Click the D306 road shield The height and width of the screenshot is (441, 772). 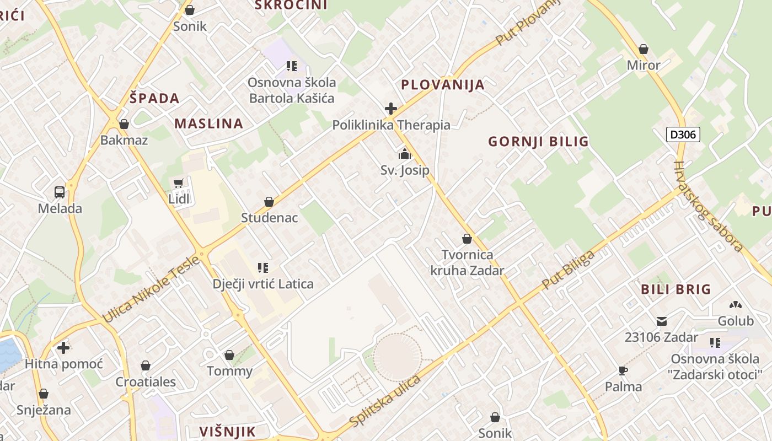683,134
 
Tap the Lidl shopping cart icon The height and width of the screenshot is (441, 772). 178,183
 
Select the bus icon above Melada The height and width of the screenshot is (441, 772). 60,192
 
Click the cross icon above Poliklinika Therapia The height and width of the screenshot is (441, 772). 390,108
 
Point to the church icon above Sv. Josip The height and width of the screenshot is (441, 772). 405,154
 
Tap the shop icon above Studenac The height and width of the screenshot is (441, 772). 269,202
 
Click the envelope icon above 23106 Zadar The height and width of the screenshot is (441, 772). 661,321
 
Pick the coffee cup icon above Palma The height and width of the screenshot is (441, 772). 623,370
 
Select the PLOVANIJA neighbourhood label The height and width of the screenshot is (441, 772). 443,84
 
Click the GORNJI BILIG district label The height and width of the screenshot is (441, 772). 538,142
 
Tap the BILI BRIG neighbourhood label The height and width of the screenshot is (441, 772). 676,289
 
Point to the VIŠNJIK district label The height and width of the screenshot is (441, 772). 227,431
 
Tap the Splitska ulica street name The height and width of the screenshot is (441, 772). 385,400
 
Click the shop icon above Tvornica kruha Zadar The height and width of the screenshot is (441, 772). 467,239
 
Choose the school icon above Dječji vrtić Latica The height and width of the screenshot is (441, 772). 263,268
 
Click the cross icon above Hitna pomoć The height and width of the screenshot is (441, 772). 63,348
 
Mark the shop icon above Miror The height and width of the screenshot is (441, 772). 643,49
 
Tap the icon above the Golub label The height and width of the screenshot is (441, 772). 735,305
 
